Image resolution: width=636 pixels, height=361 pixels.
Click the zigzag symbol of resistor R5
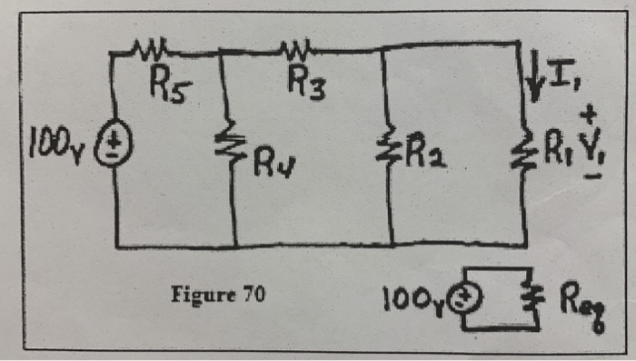(x=149, y=45)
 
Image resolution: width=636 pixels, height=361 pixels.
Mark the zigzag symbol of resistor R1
(x=526, y=146)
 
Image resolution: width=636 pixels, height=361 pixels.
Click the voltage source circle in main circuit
(x=119, y=146)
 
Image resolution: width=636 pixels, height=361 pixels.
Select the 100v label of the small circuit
(x=414, y=299)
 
